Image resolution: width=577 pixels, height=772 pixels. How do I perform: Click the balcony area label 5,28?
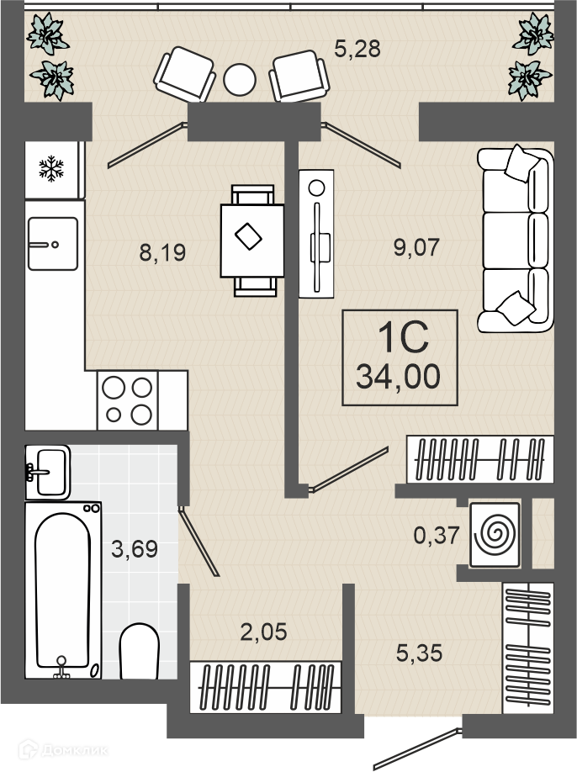pos(357,50)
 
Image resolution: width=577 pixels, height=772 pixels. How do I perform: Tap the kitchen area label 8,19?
pos(162,252)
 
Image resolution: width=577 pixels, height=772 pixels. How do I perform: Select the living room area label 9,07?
pos(416,247)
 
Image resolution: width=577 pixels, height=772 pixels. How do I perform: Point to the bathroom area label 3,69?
pos(135,549)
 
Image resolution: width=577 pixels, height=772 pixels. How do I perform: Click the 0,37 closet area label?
pos(437,535)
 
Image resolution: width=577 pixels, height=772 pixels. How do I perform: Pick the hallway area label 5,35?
pos(420,653)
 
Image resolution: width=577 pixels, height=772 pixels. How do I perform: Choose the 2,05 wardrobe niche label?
pos(263,632)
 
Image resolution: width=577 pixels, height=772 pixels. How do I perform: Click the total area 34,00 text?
pos(399,377)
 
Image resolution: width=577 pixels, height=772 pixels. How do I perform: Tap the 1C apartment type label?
pos(403,338)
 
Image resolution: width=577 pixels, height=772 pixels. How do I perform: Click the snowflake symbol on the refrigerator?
pos(51,168)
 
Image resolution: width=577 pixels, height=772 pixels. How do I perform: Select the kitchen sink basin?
pos(53,244)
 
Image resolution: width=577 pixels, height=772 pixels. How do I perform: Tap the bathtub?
pos(63,590)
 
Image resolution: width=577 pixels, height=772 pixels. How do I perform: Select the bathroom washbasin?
pos(48,472)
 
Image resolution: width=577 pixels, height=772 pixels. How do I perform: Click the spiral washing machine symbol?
pos(495,535)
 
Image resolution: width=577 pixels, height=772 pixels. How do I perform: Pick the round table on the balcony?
pos(240,80)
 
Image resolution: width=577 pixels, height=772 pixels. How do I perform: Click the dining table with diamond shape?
pos(252,241)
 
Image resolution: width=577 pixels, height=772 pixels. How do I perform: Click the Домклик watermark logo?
pos(62,750)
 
